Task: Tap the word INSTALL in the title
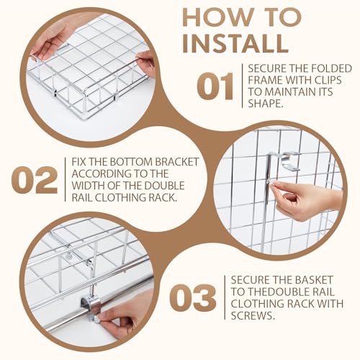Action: [x=235, y=44]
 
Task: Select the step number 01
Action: [x=215, y=86]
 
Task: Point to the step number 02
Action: [x=35, y=180]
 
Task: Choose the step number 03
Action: [x=192, y=298]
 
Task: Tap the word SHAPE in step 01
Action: [x=264, y=104]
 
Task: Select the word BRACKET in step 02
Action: [x=177, y=162]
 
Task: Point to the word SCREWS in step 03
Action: [x=253, y=315]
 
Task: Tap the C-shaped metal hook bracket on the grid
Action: [x=288, y=161]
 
